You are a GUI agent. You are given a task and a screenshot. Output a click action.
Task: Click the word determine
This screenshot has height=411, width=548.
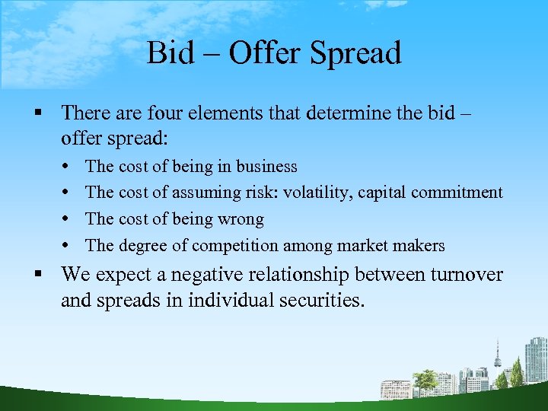point(357,113)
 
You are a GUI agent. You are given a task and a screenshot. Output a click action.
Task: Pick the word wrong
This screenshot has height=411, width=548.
point(241,219)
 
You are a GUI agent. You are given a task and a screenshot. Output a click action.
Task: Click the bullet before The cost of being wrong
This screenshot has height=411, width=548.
point(69,220)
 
